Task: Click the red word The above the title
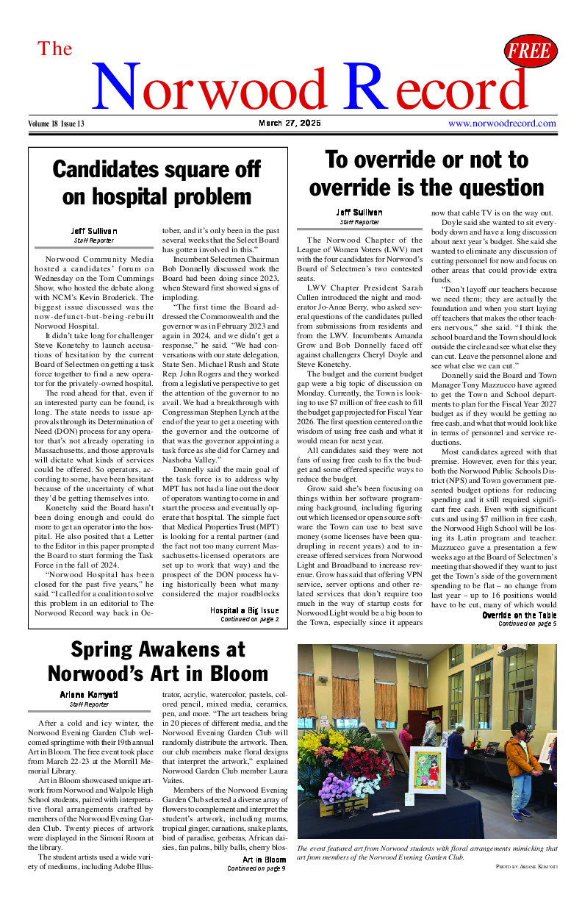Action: click(55, 49)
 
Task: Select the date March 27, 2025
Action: click(290, 124)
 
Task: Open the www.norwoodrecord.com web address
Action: click(502, 124)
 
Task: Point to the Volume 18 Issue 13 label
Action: click(57, 124)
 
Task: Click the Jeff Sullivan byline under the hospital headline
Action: click(94, 231)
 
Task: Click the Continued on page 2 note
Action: click(249, 619)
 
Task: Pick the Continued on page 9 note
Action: click(256, 868)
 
